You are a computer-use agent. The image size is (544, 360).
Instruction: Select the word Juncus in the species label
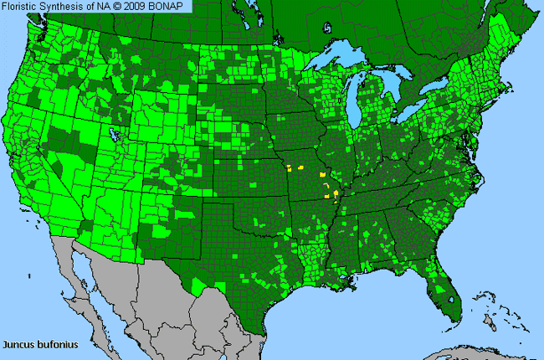18,344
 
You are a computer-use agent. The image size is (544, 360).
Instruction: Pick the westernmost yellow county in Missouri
289,167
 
